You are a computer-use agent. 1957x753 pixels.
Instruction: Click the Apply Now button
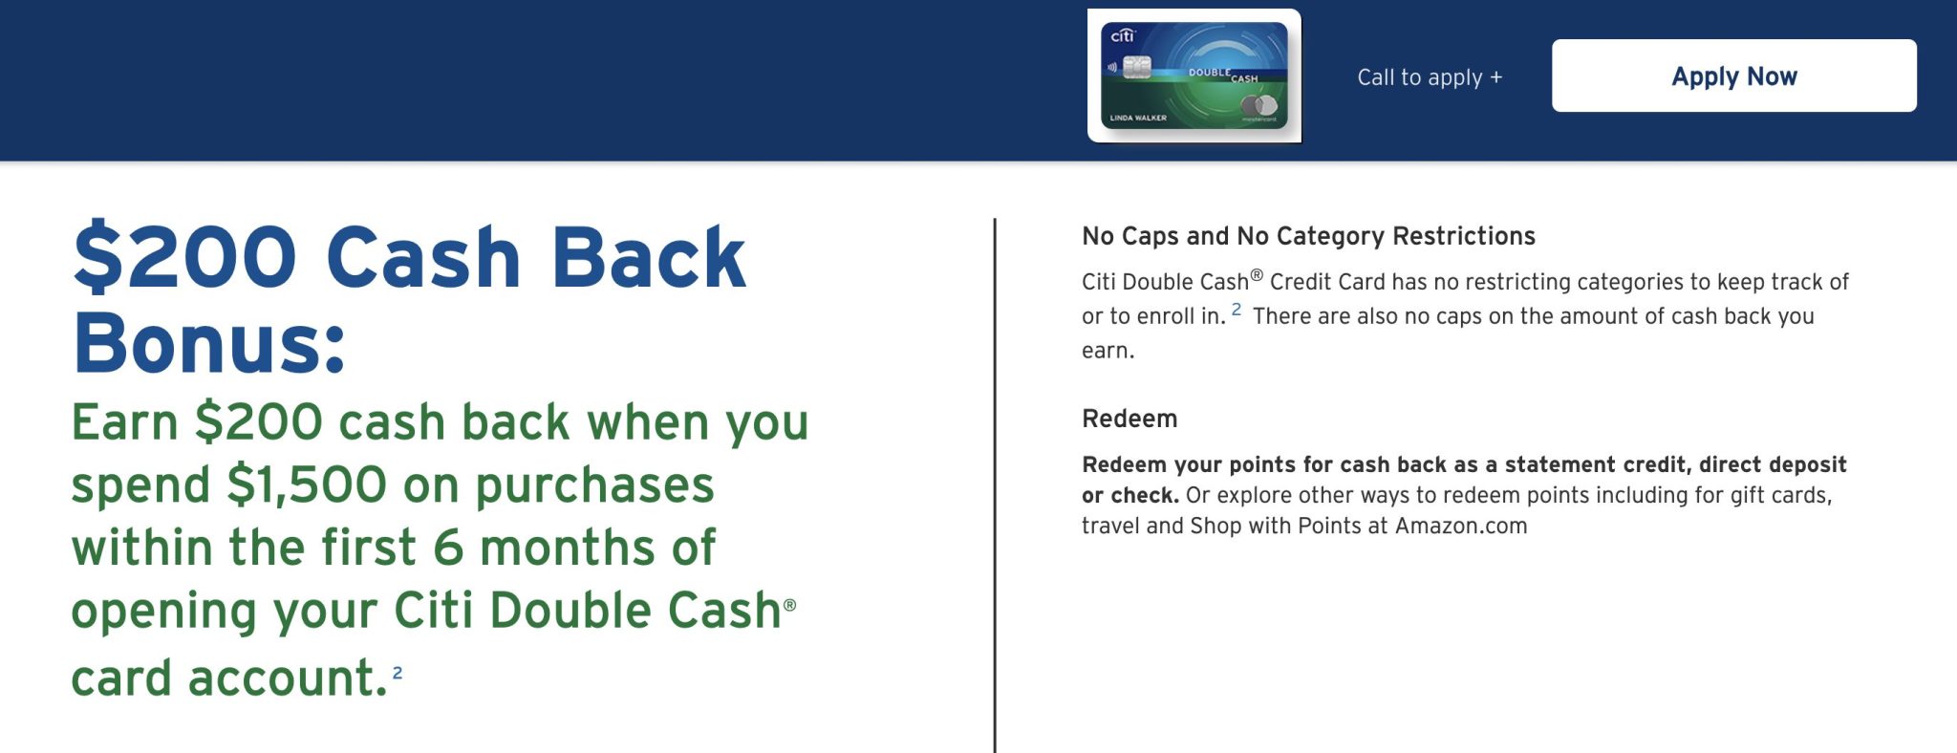pos(1733,75)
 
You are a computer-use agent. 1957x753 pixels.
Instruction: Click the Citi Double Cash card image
pos(1194,75)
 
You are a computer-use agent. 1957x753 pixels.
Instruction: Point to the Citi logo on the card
pos(1122,35)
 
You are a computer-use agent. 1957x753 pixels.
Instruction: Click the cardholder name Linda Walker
pos(1138,118)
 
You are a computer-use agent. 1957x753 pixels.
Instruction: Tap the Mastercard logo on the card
pos(1260,106)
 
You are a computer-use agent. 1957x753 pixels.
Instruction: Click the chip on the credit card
pos(1136,67)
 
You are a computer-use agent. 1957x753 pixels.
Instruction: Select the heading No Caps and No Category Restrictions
pos(1308,236)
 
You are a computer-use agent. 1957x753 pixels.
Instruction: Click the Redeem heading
pos(1129,419)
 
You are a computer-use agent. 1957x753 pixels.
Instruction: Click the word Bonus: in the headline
pos(209,343)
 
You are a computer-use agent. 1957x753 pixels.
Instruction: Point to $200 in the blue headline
pos(185,257)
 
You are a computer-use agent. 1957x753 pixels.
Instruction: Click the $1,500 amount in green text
pos(306,484)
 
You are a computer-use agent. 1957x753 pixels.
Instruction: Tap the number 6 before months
pos(448,548)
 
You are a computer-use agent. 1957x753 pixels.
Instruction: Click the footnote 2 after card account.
pos(398,673)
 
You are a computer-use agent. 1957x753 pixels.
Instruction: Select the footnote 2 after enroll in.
pos(1237,310)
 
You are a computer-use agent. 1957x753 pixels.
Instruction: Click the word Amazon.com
pos(1461,526)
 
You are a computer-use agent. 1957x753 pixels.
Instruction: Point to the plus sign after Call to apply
pos(1496,77)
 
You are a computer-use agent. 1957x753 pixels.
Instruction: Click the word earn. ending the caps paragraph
pos(1108,351)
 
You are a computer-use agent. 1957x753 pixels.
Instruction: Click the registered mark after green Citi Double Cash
pos(789,605)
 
